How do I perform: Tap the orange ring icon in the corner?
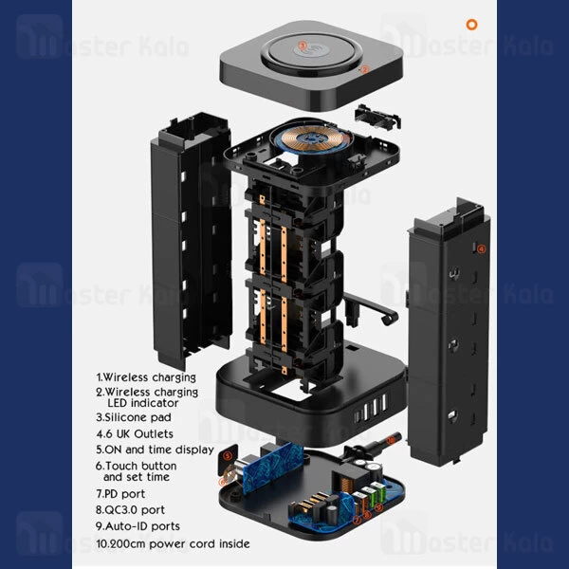471,25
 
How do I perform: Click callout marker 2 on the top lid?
365,69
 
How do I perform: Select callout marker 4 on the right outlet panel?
481,248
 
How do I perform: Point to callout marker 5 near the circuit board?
228,456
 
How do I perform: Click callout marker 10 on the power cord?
391,441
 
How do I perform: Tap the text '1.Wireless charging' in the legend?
146,377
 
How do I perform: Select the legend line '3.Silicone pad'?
134,417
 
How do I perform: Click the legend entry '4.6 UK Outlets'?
135,433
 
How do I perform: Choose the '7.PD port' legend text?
120,493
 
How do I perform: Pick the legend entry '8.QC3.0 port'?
130,510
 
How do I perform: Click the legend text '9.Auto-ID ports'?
138,526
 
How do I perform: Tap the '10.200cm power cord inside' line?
174,543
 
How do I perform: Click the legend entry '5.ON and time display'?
155,450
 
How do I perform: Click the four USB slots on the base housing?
371,410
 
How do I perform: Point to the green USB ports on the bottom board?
374,492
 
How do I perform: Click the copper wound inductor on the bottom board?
346,486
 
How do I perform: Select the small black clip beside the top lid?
377,117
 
